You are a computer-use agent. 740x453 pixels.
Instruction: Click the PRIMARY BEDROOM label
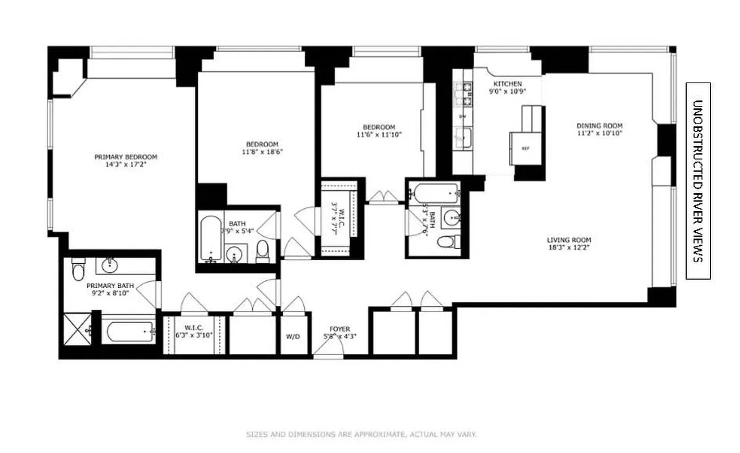[x=125, y=157]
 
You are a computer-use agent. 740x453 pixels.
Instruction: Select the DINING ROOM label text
[x=599, y=126]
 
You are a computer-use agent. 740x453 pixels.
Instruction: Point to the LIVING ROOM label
[x=569, y=240]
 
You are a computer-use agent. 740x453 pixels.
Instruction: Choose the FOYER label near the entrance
[x=340, y=329]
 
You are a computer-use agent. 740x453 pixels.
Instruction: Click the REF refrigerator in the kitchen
[x=525, y=148]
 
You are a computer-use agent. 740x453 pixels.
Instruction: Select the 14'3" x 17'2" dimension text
[x=125, y=165]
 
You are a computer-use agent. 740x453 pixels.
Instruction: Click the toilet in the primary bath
[x=78, y=271]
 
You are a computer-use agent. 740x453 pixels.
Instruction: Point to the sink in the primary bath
[x=108, y=264]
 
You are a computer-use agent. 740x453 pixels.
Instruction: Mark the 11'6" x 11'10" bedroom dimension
[x=379, y=135]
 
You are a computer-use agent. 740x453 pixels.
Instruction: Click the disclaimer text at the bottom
[x=361, y=435]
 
